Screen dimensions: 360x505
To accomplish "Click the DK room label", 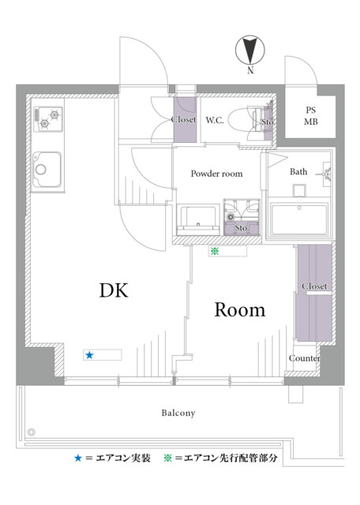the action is [114, 290].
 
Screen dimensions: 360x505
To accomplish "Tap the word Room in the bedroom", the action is [240, 310].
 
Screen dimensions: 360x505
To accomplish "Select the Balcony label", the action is [178, 413].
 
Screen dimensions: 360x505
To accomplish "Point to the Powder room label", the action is [216, 174].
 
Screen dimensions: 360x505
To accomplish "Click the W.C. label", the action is [215, 120].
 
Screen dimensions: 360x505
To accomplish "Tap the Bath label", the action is [298, 172].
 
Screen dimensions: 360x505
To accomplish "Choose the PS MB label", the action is [311, 116].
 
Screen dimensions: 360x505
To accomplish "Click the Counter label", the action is [304, 358].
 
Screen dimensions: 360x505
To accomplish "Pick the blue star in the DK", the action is [89, 355].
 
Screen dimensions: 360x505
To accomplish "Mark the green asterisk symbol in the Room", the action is [215, 251].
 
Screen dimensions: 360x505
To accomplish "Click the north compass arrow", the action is [250, 50].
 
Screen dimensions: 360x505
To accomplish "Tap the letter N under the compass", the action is [250, 70].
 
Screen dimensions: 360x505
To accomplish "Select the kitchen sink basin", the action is [47, 169].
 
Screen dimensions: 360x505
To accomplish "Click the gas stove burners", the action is [49, 119].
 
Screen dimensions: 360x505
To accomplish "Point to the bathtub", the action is [299, 219].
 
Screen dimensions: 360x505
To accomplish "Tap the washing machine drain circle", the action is [230, 217].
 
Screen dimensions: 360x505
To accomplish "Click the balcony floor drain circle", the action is [32, 432].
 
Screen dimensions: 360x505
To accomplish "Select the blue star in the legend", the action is [78, 458].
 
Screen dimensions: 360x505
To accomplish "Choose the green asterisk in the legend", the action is [167, 458].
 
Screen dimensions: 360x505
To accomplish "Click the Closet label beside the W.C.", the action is [183, 119].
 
